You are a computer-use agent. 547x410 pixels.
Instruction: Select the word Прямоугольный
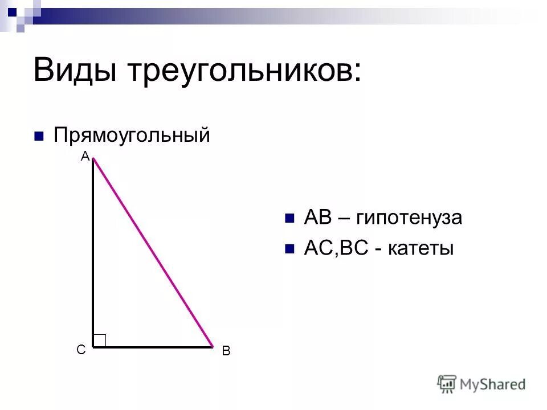132,136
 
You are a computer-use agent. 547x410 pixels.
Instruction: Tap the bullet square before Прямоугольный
39,136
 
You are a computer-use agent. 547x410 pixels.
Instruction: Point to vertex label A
84,156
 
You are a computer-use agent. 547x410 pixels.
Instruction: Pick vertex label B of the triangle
226,352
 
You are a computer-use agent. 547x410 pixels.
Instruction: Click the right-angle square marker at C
100,340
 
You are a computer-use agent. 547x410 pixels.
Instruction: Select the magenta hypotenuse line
153,252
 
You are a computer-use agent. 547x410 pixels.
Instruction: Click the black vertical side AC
93,251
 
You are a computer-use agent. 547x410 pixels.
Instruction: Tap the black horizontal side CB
153,346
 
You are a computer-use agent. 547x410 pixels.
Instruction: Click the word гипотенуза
409,218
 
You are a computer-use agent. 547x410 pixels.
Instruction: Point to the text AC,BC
337,249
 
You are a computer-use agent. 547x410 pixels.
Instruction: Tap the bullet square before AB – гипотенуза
289,218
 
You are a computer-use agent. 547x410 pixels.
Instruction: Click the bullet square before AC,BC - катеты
289,249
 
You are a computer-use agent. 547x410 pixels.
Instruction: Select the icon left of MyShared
447,384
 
